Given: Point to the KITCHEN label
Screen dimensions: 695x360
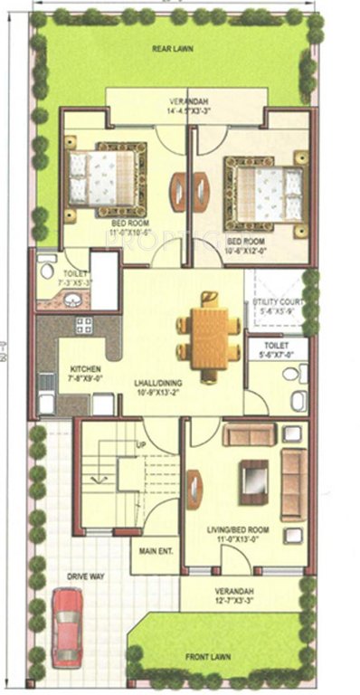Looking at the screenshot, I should [86, 369].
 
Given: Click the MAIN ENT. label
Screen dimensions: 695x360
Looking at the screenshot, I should [154, 549].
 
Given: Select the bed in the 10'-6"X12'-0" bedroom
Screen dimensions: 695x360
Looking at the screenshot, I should [263, 189].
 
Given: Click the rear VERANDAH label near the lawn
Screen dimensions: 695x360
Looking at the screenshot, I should [186, 100].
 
